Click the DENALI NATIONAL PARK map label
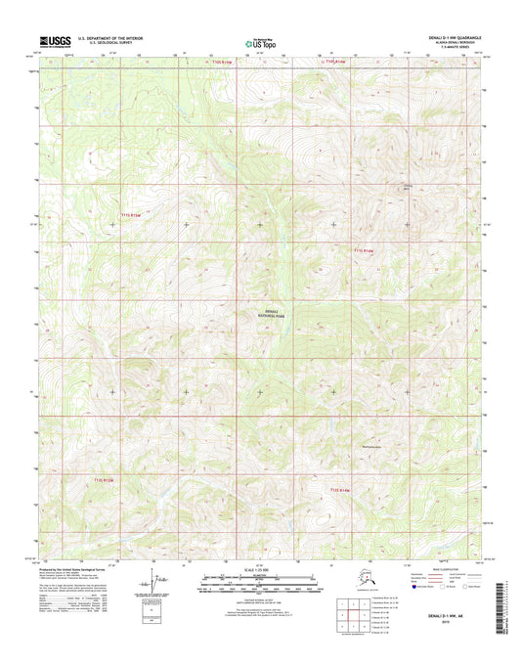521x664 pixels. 260,312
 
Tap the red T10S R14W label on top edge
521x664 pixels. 335,63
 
